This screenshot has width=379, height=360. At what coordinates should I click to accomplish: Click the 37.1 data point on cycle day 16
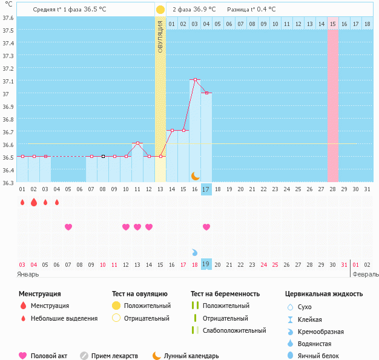195,80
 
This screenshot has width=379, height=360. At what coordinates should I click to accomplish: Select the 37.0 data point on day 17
206,93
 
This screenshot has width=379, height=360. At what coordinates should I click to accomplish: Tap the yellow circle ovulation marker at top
160,10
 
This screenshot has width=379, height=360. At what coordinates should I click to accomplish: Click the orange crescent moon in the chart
195,175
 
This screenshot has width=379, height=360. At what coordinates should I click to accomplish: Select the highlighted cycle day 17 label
206,189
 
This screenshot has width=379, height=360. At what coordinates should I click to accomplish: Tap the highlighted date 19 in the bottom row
206,264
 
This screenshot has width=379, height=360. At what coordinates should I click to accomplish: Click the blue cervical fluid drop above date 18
195,252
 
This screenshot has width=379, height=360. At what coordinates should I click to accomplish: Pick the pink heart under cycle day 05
68,227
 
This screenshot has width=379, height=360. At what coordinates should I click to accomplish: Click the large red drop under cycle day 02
34,202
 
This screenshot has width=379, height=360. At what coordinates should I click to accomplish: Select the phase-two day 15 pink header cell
333,24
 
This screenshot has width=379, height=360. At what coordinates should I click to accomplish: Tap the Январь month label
28,274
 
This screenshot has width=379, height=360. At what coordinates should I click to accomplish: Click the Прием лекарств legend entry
114,356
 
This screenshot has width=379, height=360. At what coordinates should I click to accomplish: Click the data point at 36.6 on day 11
137,143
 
